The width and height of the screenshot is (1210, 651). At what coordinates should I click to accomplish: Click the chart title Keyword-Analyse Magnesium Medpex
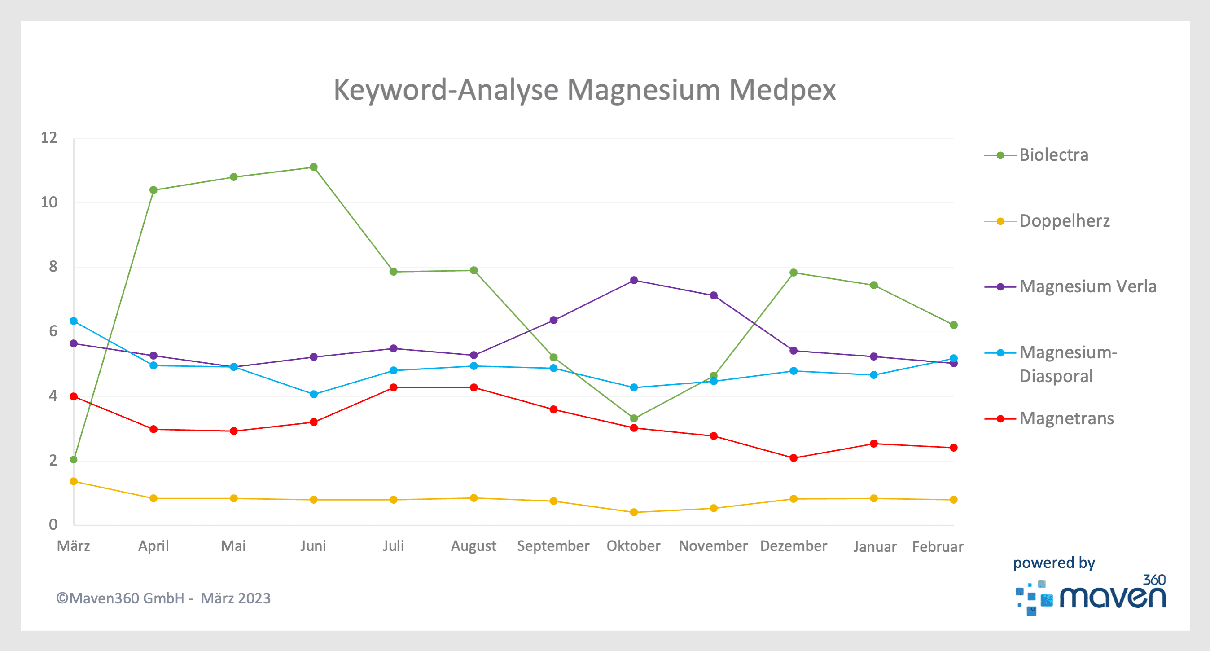click(584, 89)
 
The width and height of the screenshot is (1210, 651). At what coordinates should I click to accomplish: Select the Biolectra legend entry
click(1053, 155)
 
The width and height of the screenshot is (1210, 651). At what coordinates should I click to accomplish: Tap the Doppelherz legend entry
click(1064, 221)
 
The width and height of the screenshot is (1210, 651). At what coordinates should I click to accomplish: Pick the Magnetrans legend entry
click(1066, 418)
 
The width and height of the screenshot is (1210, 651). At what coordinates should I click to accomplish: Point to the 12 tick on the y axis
click(49, 138)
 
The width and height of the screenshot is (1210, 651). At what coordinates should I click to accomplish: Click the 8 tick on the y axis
click(53, 267)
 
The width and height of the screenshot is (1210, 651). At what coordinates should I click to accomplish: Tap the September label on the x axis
click(553, 545)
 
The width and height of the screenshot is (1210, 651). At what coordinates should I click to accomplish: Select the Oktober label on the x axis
click(633, 545)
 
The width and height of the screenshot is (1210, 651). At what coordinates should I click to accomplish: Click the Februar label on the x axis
click(938, 547)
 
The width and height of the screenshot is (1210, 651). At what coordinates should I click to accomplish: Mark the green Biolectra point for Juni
click(314, 167)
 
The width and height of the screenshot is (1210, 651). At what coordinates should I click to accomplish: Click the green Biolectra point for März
click(74, 459)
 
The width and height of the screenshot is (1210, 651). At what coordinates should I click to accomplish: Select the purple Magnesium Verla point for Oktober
click(634, 280)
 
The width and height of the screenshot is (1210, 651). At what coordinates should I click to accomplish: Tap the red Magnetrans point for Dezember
click(794, 458)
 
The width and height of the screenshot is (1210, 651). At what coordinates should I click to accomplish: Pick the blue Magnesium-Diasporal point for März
click(74, 321)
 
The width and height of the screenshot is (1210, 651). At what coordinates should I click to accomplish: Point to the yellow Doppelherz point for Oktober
click(634, 512)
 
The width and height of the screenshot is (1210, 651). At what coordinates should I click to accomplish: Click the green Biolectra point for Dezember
click(794, 273)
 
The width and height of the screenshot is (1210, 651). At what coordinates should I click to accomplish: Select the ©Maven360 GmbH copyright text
click(163, 598)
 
